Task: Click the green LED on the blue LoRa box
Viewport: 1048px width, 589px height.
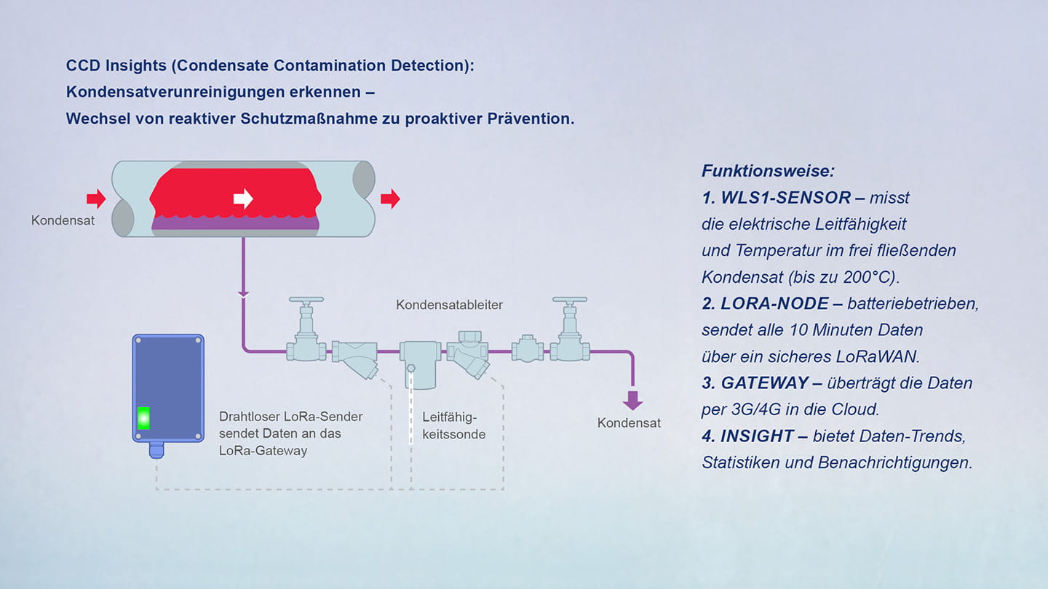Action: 144,417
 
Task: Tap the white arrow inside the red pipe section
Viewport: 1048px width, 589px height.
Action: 243,199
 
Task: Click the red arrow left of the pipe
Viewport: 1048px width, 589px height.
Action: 96,199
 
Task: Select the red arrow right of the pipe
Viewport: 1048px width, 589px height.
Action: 390,199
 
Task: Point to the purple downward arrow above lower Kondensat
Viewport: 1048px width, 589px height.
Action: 632,399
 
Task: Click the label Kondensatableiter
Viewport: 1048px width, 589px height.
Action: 449,305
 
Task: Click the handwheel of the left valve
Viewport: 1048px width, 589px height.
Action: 306,300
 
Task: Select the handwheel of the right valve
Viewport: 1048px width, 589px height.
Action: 570,300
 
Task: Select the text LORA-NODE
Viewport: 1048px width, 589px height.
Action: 774,304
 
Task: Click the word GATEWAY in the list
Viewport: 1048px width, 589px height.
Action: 765,383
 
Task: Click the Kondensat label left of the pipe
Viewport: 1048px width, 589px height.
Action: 63,220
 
